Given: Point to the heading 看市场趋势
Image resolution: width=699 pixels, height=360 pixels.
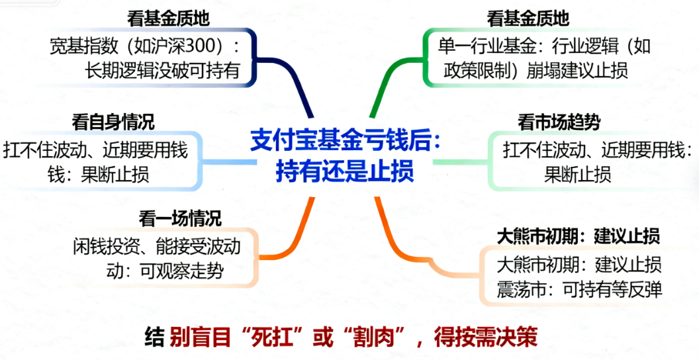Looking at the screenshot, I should coord(559,123).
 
